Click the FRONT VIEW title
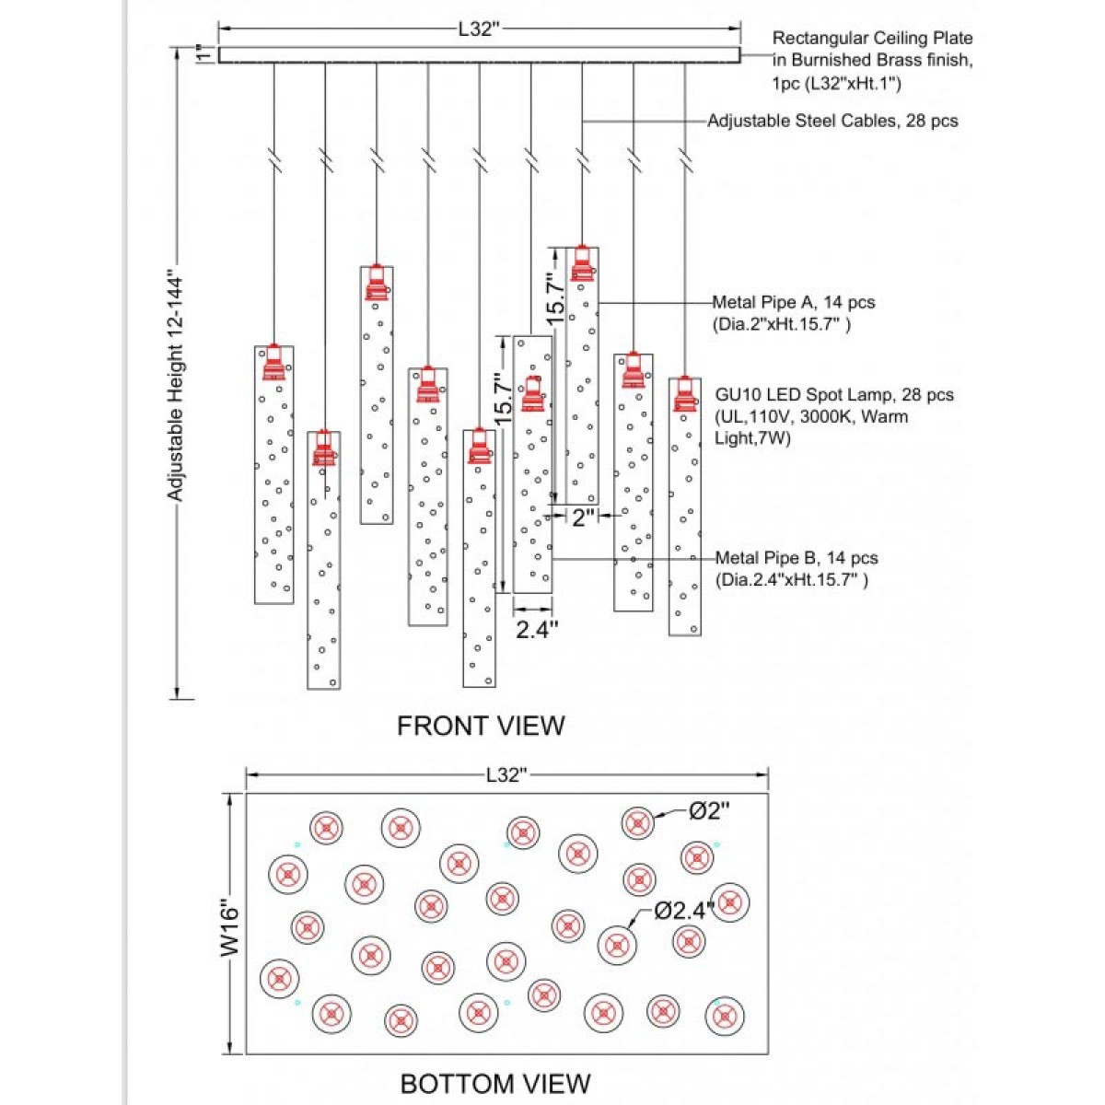[x=481, y=726]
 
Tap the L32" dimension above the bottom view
[x=506, y=775]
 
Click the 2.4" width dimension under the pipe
[x=537, y=629]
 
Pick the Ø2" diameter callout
[x=710, y=810]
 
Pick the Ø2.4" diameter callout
[x=684, y=910]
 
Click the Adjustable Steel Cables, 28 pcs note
[x=832, y=121]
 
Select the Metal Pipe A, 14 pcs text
[x=794, y=302]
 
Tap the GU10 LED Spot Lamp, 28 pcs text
[x=834, y=395]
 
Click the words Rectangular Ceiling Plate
[x=872, y=39]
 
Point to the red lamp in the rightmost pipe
[x=685, y=393]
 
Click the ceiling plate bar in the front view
[x=480, y=55]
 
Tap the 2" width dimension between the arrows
[x=582, y=518]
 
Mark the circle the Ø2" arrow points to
[x=637, y=823]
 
